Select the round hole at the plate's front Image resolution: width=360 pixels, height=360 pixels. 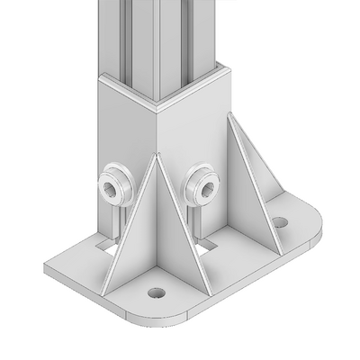(157, 293)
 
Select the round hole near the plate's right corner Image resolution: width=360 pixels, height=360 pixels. (281, 221)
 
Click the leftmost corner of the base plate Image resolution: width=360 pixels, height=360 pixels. (43, 267)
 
